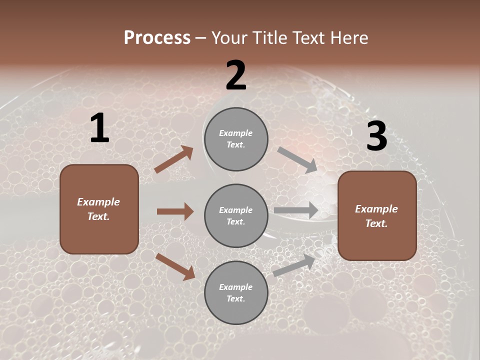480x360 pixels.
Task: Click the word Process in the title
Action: [157, 38]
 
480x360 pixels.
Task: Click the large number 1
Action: [99, 128]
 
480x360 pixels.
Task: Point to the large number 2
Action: [236, 75]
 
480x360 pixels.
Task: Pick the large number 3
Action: [376, 136]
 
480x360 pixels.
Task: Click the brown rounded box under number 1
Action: [99, 209]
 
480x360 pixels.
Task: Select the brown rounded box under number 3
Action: [377, 216]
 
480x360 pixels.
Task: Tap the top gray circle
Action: [236, 139]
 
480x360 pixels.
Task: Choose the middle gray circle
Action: [236, 216]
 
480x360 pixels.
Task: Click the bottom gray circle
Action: [236, 293]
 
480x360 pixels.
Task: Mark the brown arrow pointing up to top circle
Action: [174, 159]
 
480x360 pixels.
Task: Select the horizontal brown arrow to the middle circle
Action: [175, 211]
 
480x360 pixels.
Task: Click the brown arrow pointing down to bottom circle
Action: [175, 266]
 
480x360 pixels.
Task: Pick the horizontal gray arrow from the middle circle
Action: [296, 210]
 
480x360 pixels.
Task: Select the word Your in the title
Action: [229, 38]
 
